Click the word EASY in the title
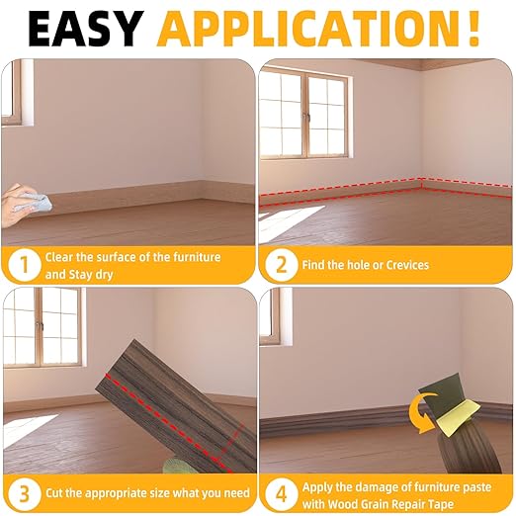[x=87, y=29]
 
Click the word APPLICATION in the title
[x=304, y=29]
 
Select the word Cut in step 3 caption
[x=55, y=492]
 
